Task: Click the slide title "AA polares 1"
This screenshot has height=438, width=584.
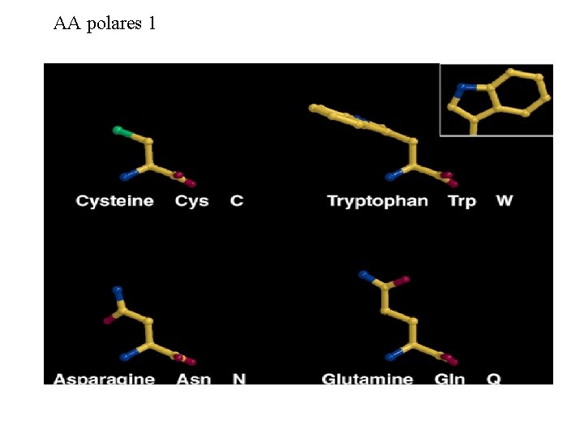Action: (x=105, y=24)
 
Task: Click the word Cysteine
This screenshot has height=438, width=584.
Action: (x=114, y=201)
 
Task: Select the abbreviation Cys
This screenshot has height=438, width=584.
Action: (x=191, y=201)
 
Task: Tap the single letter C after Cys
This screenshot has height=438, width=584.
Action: (x=237, y=201)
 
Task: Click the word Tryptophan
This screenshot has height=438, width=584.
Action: (x=377, y=201)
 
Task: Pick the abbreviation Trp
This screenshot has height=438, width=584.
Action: (x=462, y=201)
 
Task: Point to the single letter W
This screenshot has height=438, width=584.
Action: (x=505, y=201)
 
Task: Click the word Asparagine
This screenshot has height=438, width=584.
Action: (x=104, y=379)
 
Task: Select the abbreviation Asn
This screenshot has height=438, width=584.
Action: (x=194, y=379)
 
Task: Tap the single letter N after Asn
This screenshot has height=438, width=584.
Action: (x=239, y=379)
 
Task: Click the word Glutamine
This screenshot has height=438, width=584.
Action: (x=367, y=379)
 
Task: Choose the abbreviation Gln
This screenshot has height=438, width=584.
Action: (x=449, y=379)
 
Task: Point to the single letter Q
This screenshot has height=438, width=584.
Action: (x=494, y=379)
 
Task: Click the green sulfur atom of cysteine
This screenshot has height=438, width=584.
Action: (x=118, y=130)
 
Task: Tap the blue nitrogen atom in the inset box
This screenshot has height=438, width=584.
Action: (x=461, y=86)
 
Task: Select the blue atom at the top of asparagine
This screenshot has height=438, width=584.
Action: (x=118, y=289)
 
